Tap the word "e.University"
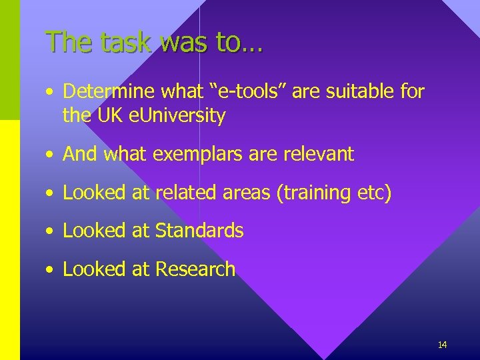pos(179,116)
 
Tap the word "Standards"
pos(199,231)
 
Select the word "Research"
pos(195,269)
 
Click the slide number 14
pos(442,345)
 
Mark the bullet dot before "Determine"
pos(51,93)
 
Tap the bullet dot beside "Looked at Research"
pos(51,270)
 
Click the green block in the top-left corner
pos(10,60)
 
